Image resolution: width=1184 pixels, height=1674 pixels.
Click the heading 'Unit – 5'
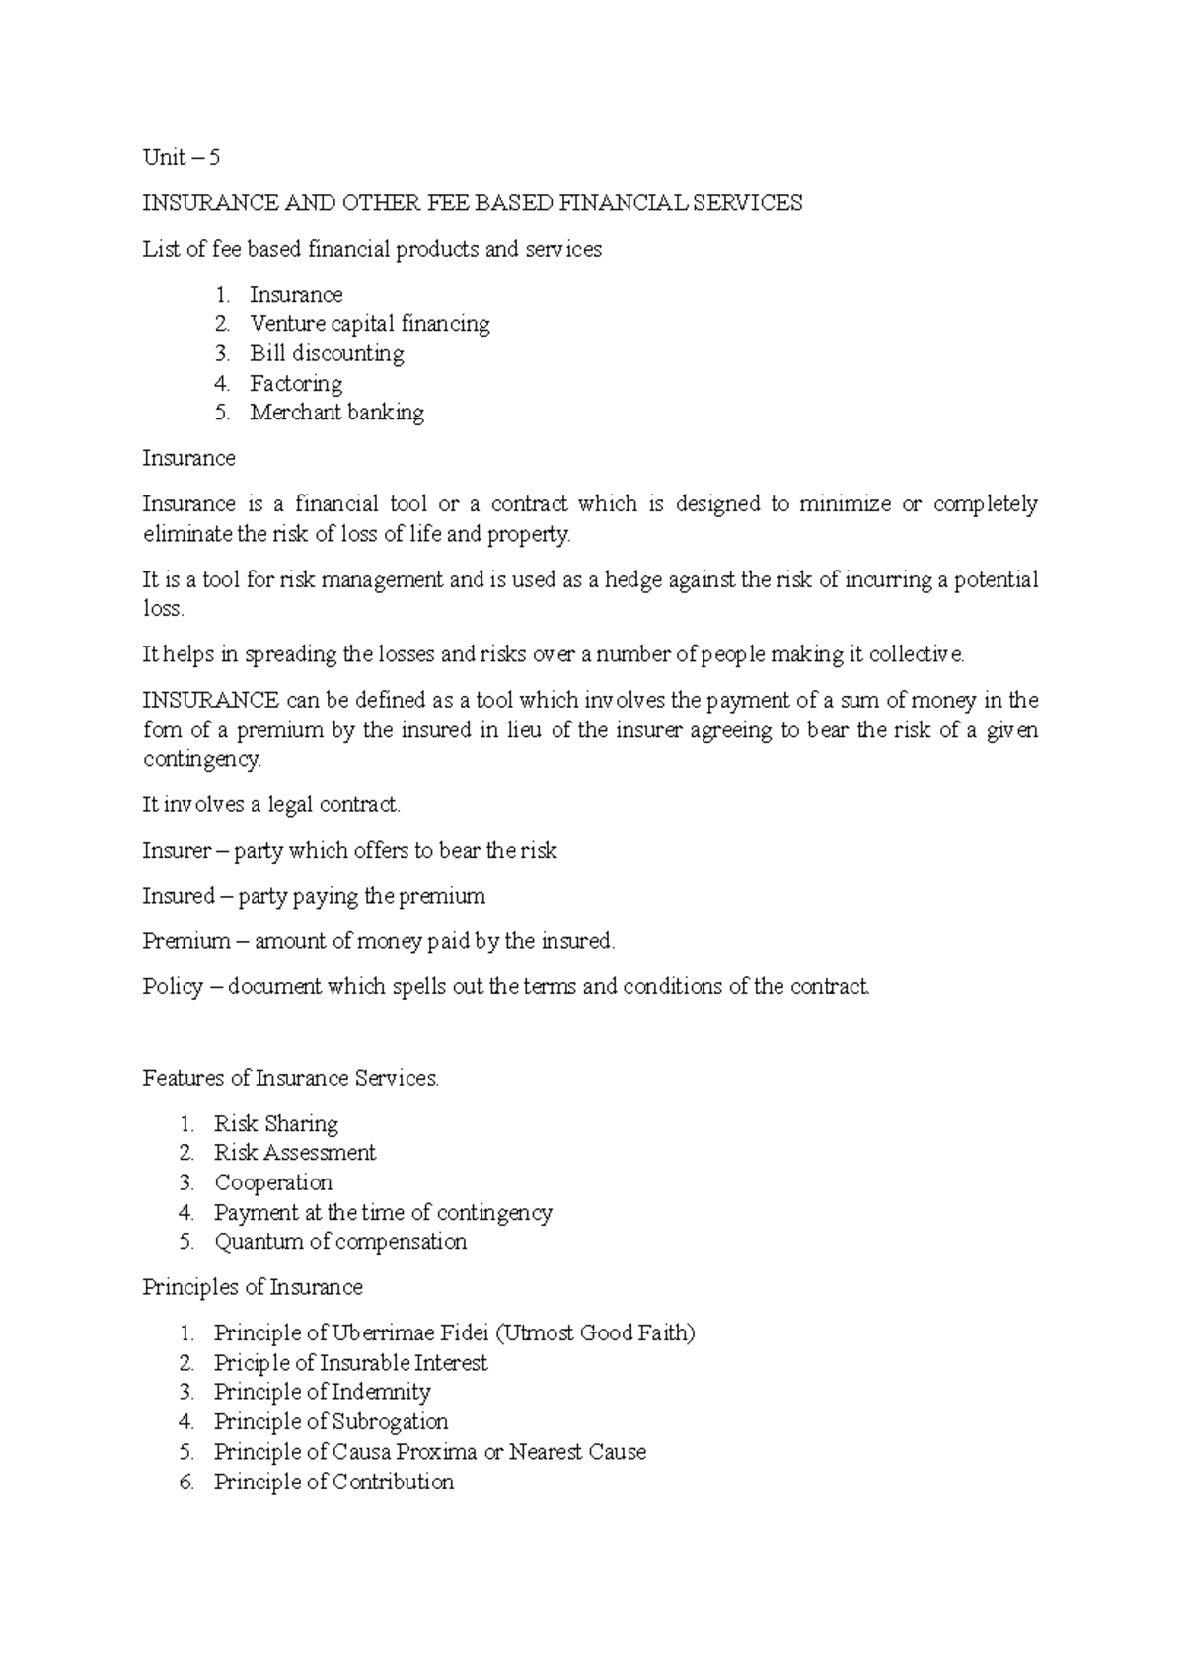182,158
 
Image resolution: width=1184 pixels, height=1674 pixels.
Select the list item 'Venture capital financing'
369,324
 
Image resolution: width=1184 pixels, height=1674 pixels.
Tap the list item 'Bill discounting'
327,353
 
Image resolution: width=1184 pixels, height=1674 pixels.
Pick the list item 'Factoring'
296,383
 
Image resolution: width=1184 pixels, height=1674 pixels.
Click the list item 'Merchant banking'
336,413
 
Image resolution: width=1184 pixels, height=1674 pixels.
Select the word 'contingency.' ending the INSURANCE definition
202,760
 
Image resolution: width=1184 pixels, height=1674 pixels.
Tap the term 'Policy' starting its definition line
173,987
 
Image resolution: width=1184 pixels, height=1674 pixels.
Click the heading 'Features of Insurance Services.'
290,1078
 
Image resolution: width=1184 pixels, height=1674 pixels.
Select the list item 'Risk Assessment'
295,1153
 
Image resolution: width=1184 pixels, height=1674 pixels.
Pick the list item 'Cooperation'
273,1182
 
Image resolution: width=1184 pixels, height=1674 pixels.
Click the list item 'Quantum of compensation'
340,1242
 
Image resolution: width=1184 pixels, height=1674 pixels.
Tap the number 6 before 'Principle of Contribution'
186,1483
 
